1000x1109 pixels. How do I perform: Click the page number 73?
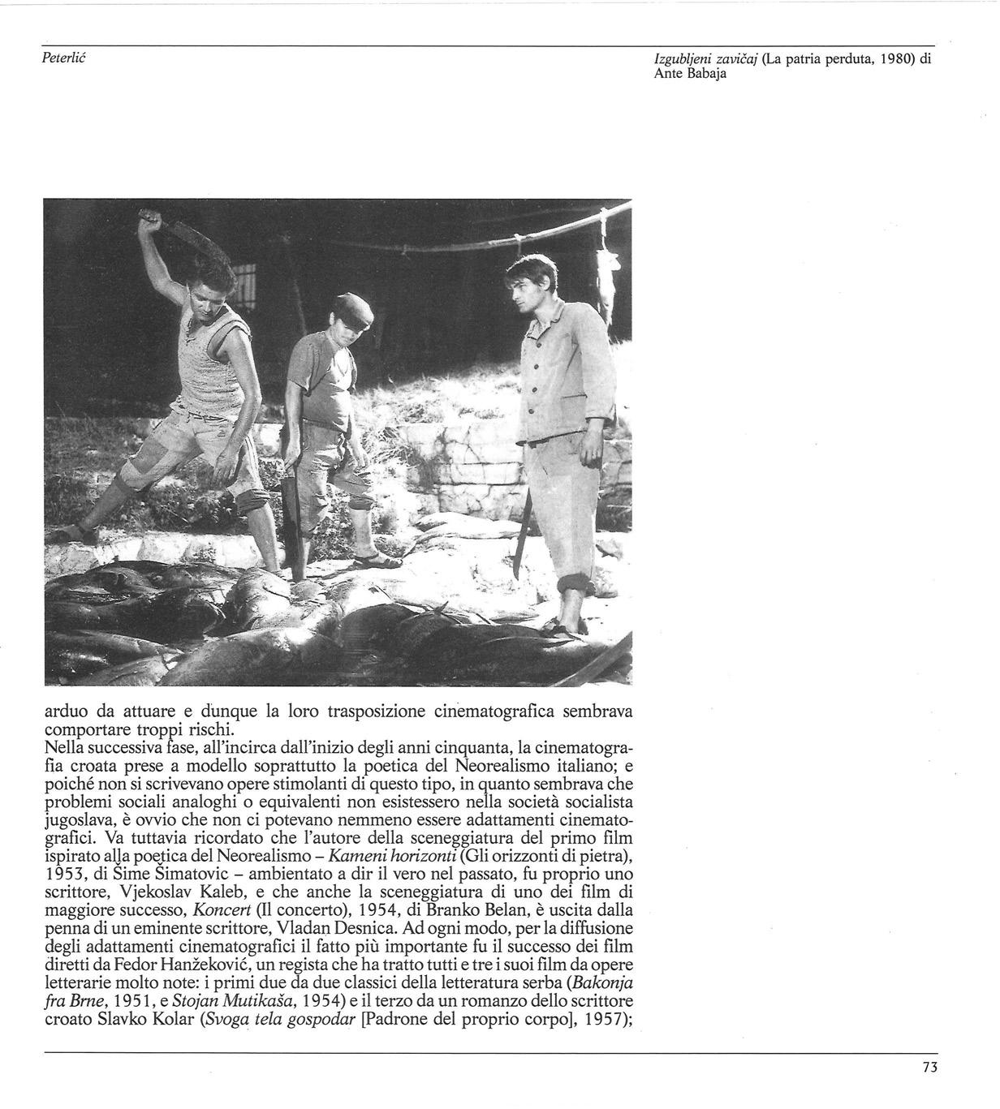click(x=929, y=1068)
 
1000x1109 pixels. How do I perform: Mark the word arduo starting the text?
click(x=66, y=712)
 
